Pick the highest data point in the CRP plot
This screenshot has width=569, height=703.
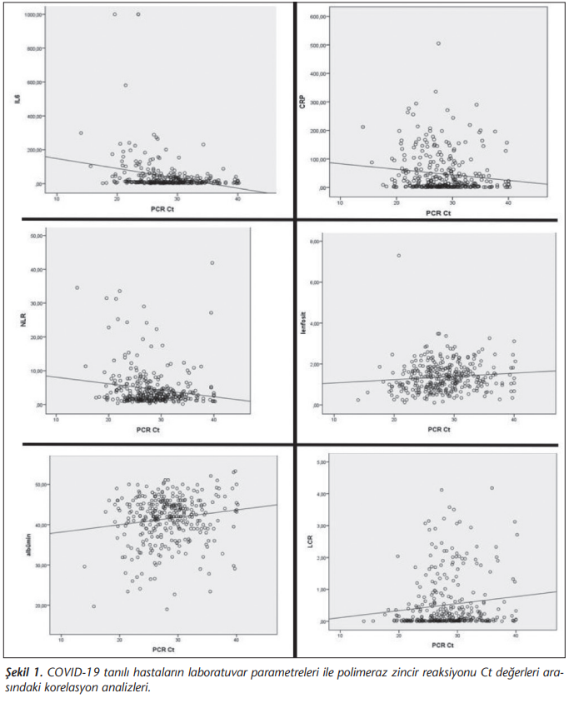[x=438, y=43]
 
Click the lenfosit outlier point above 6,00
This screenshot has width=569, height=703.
[x=399, y=256]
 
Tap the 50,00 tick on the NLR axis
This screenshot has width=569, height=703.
[x=38, y=237]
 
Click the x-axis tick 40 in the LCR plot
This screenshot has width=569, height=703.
[x=516, y=635]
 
